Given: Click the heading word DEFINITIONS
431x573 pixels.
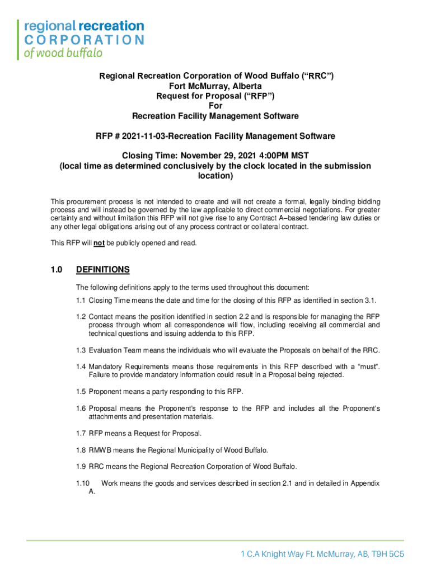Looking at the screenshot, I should pos(102,270).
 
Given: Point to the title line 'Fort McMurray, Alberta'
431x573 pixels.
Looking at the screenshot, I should pos(215,86).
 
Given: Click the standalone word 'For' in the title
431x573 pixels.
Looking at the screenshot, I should pos(215,106).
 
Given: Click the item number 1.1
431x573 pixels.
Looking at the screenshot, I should pos(81,300).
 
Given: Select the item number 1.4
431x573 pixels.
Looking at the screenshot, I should pos(81,366).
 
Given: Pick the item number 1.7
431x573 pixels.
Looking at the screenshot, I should pos(81,434).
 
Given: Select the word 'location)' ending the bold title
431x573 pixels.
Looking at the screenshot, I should pos(215,176).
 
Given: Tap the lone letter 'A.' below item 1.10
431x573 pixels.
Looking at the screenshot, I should pos(92,492).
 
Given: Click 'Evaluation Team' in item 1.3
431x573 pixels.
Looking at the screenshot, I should pos(114,350).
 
